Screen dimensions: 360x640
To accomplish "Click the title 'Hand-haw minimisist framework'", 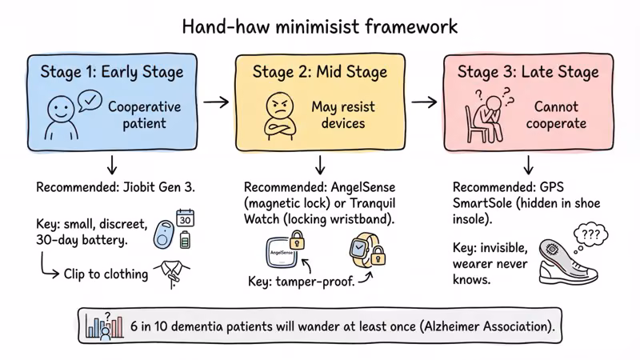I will coord(320,26).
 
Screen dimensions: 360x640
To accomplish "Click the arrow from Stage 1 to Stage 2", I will coord(215,102).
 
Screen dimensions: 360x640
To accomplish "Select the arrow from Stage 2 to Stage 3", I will coord(424,102).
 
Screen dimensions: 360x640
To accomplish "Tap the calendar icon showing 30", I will coord(186,218).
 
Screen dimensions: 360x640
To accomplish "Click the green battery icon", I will coord(186,239).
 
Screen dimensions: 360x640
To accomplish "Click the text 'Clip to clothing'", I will coord(106,274).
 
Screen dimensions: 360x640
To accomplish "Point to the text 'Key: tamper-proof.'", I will coord(301,282).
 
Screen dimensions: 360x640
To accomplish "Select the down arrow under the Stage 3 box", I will coord(528,164).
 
